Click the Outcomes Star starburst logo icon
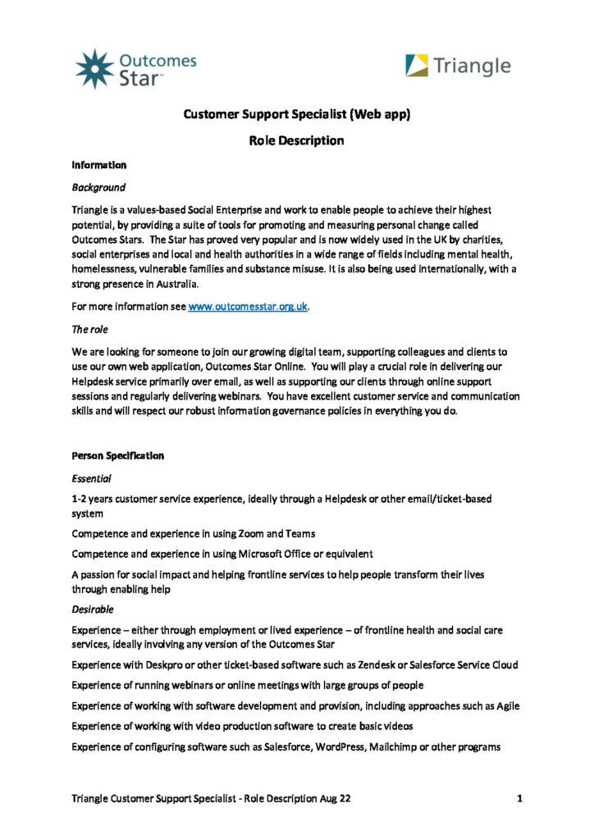[94, 68]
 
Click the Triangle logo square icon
[418, 66]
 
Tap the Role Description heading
[296, 140]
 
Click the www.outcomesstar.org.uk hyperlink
[248, 306]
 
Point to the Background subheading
[98, 188]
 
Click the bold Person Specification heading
[118, 455]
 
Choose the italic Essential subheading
[92, 477]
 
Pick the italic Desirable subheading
[93, 609]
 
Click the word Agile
[505, 705]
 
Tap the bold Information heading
[99, 165]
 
